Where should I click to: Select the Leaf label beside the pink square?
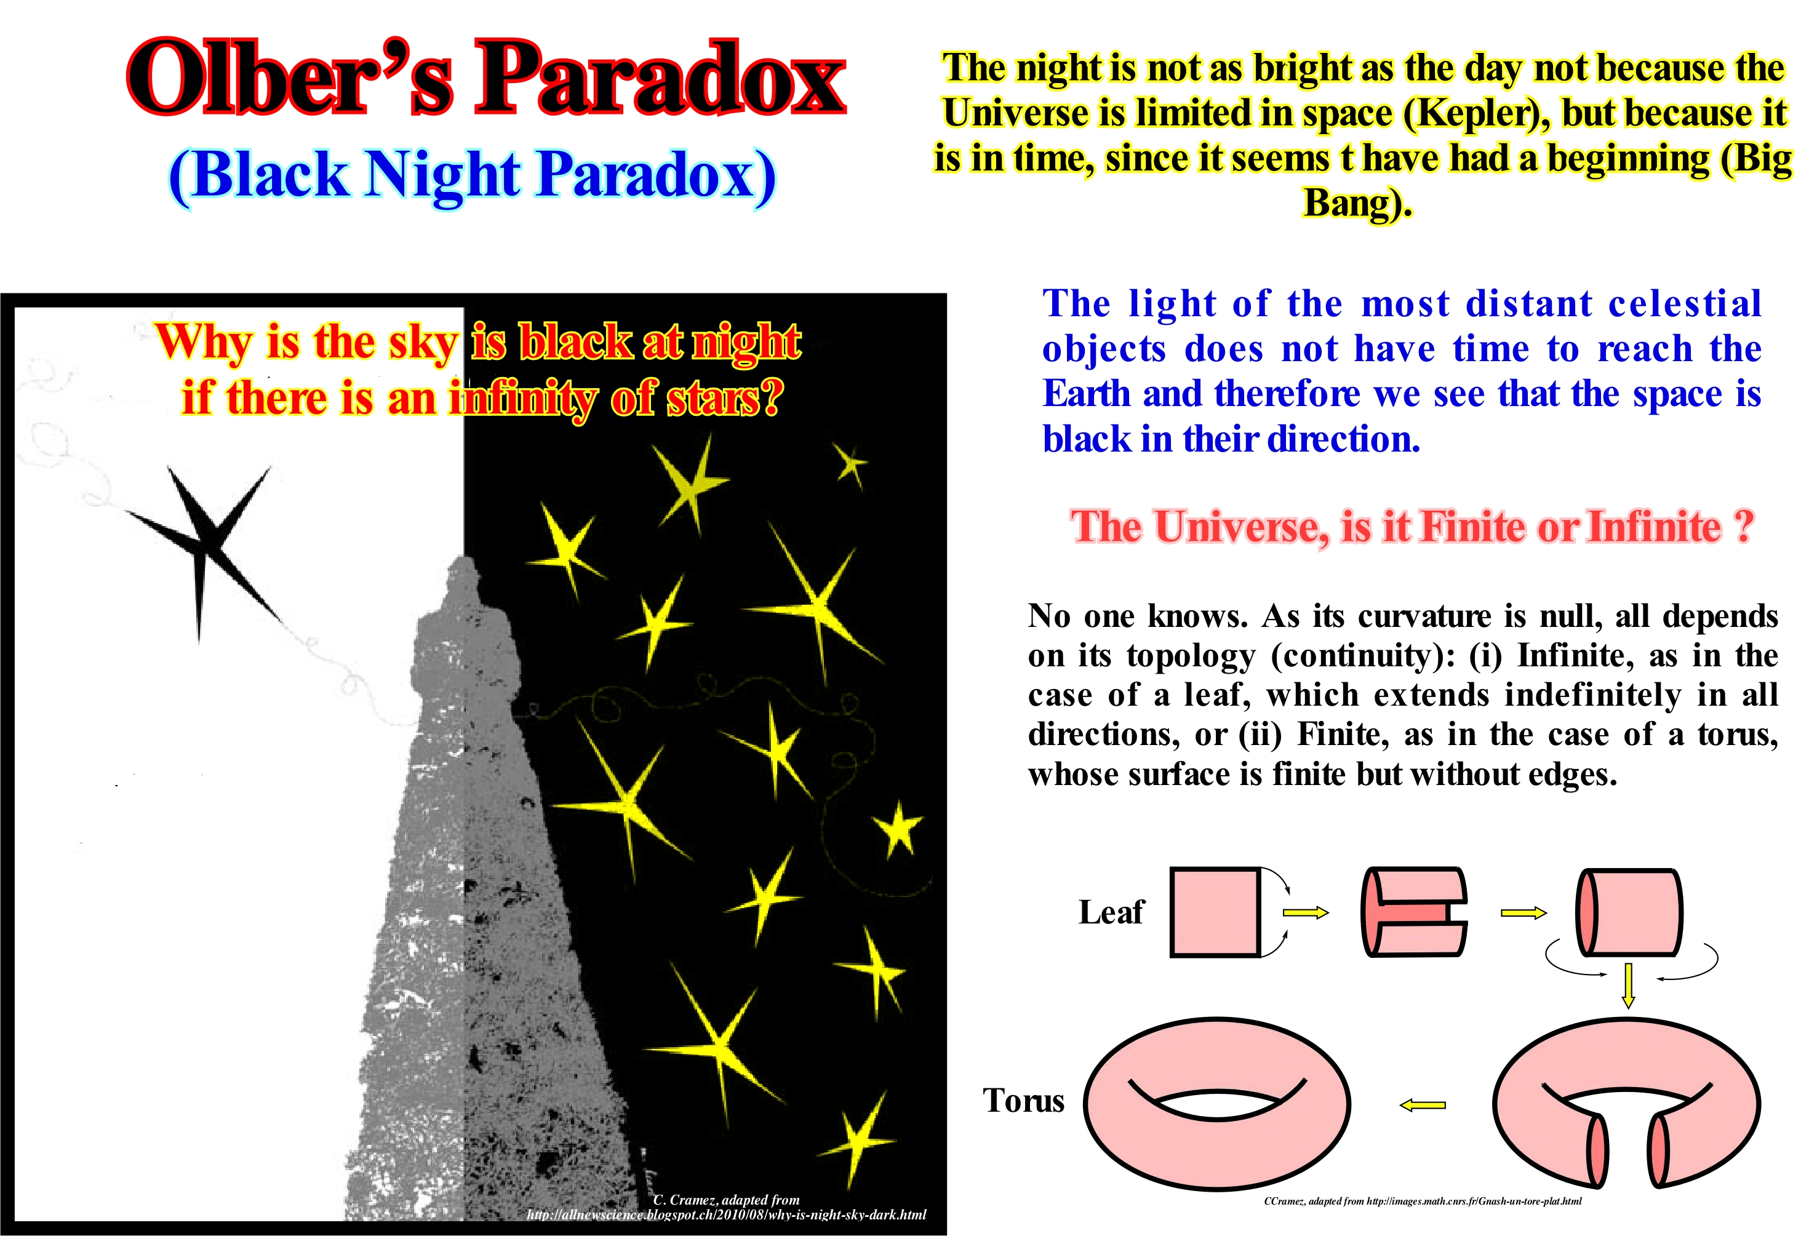tap(1111, 912)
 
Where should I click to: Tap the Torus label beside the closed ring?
tap(1023, 1100)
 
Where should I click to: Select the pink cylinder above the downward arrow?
tap(1629, 912)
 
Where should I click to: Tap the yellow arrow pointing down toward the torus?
tap(1629, 986)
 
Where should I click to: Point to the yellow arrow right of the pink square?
tap(1306, 912)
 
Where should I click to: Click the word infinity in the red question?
tap(522, 399)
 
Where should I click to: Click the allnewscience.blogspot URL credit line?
tap(726, 1215)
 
